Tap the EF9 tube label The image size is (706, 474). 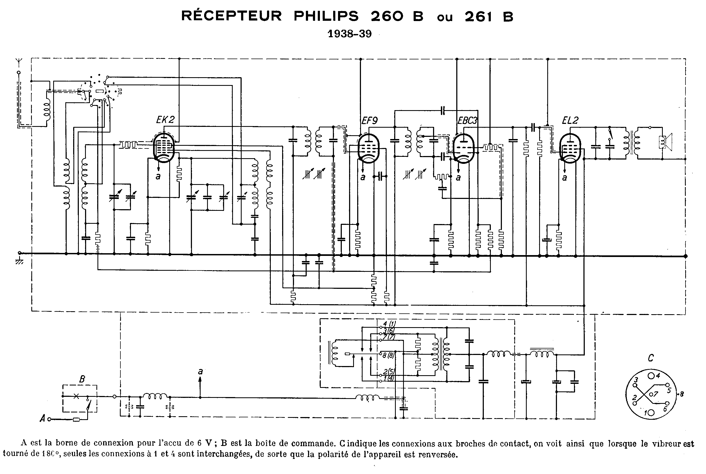[370, 121]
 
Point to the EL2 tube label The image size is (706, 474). [570, 120]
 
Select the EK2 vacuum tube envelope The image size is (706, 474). [164, 148]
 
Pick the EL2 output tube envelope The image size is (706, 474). [570, 148]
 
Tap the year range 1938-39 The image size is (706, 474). [350, 34]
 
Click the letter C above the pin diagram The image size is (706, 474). [651, 358]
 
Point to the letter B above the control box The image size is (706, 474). [82, 379]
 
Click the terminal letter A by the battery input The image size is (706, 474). [43, 419]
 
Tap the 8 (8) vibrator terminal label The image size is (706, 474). [389, 355]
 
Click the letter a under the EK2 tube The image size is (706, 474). [158, 176]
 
